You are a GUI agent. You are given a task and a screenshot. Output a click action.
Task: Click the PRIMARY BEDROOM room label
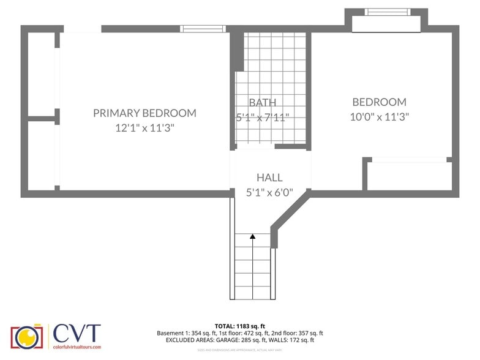click(144, 113)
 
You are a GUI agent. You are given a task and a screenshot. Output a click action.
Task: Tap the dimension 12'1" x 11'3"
click(144, 128)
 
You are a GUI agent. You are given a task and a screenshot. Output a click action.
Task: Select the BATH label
click(262, 102)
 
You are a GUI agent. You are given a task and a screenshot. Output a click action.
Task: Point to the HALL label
click(269, 178)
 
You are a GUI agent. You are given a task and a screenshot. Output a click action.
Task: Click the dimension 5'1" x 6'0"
click(269, 192)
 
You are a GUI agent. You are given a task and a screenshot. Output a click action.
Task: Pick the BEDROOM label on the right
click(379, 102)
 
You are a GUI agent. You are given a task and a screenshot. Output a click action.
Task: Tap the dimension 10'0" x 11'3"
click(379, 116)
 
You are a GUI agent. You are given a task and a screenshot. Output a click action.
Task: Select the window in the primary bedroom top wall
click(203, 28)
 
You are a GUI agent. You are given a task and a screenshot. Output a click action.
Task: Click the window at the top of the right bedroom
click(386, 12)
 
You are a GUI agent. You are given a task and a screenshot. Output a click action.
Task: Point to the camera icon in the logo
click(26, 336)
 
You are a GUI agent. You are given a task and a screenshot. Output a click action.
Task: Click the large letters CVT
click(76, 333)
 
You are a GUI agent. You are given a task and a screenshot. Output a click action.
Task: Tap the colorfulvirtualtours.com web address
click(77, 347)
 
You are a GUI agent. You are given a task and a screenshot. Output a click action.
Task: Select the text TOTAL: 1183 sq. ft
click(239, 326)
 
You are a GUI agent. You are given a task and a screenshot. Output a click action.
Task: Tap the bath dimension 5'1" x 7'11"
click(262, 117)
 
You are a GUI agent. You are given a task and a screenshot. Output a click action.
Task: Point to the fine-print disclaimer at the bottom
click(239, 350)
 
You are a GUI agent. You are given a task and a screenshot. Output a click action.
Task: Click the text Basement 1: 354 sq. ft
click(184, 333)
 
